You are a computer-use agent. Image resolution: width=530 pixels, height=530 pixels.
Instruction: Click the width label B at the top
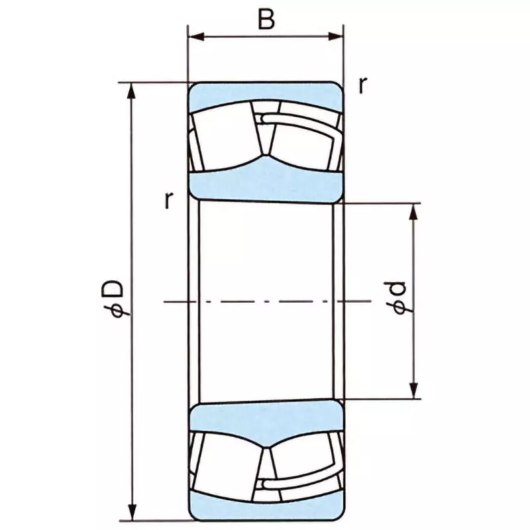pos(266,19)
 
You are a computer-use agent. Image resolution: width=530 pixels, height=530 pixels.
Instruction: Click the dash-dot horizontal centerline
pos(265,301)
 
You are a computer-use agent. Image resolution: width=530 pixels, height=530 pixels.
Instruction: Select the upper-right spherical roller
pos(301,139)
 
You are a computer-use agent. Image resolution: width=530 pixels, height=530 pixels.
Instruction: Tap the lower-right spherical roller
pos(301,464)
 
